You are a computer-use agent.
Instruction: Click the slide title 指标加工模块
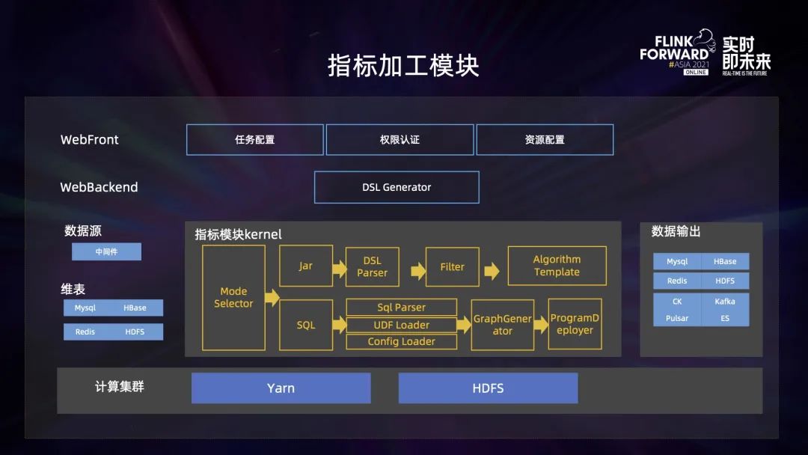[x=403, y=65]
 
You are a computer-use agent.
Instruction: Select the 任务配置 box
[x=254, y=140]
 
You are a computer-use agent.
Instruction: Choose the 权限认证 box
[x=400, y=140]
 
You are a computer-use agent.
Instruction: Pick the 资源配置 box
[x=545, y=140]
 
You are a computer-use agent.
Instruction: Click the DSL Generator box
[x=397, y=187]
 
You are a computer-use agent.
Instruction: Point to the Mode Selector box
[x=233, y=298]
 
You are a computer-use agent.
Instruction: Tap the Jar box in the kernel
[x=305, y=266]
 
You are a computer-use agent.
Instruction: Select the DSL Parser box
[x=372, y=267]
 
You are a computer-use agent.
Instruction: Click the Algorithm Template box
[x=557, y=266]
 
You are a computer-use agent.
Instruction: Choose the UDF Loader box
[x=401, y=325]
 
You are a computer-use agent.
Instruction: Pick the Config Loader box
[x=401, y=341]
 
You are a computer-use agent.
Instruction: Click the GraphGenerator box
[x=502, y=325]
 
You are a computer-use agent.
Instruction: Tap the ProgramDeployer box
[x=575, y=324]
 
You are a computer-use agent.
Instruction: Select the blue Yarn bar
[x=281, y=388]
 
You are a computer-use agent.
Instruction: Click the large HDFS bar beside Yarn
[x=488, y=388]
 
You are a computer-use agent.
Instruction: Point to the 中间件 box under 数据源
[x=106, y=252]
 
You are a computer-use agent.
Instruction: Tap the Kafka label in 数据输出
[x=724, y=302]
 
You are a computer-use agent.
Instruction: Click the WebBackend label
[x=99, y=188]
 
